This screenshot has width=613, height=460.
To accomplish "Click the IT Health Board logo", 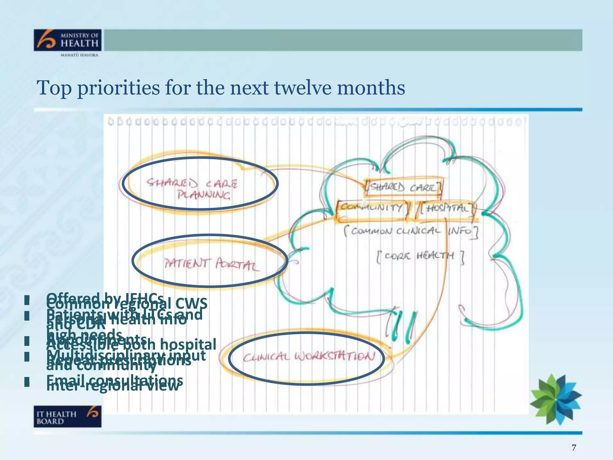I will [68, 416].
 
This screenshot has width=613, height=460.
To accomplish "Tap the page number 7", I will [573, 447].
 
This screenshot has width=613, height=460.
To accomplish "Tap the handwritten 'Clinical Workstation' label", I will [308, 357].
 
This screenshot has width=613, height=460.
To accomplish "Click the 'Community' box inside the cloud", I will [372, 207].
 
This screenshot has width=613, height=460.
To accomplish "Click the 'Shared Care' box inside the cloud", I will [403, 188].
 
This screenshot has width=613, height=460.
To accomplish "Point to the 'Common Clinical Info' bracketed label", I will [411, 231].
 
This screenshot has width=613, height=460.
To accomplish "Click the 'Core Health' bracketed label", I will [420, 256].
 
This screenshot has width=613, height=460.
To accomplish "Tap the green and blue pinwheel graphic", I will [556, 399].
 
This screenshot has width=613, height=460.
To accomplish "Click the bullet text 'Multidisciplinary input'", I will [126, 355].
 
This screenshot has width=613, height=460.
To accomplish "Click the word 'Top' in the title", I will [54, 88].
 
